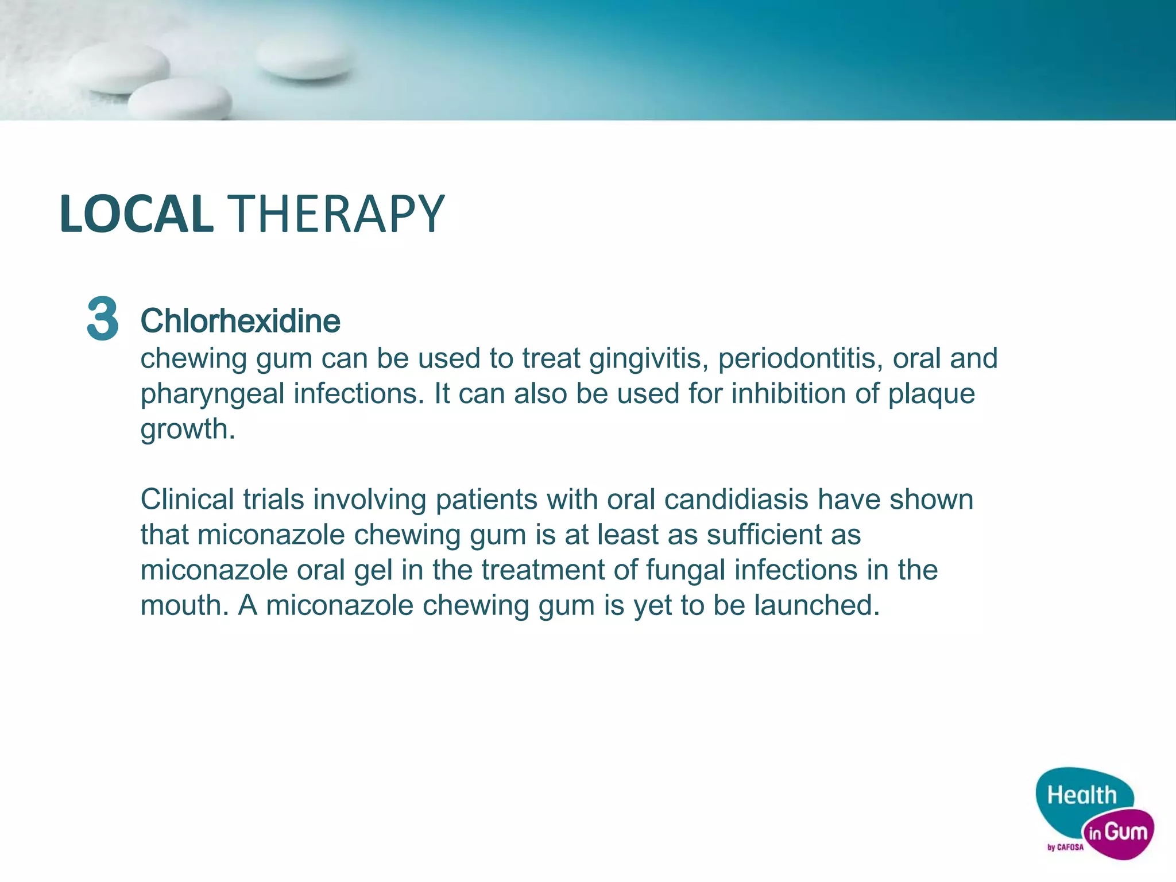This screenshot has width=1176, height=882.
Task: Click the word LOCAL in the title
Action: (x=137, y=214)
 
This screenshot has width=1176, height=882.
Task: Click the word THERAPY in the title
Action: (x=336, y=214)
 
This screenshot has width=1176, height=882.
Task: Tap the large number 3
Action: (x=103, y=319)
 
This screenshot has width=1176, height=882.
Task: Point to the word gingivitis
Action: (x=648, y=359)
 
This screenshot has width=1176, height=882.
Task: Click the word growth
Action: (x=187, y=430)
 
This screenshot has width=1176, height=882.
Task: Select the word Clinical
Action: (x=187, y=499)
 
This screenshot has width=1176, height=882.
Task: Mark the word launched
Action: (x=817, y=605)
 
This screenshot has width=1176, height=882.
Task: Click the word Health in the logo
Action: (x=1082, y=795)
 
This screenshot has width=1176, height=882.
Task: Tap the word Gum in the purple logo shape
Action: (x=1125, y=831)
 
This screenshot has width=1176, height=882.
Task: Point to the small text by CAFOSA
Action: (x=1066, y=847)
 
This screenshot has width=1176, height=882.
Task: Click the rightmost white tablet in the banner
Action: (x=304, y=57)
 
